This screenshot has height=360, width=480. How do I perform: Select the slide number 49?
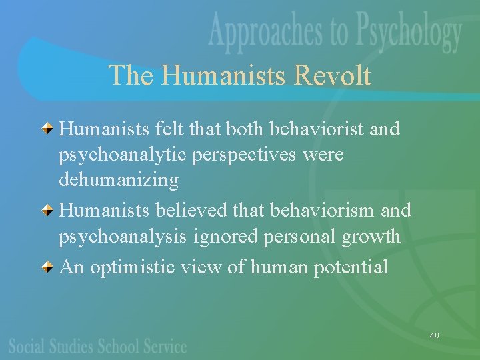click(434, 336)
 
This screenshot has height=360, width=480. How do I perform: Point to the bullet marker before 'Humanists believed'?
click(49, 211)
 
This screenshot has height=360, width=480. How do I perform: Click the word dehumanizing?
click(119, 181)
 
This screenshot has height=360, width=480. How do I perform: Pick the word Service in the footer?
click(163, 346)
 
